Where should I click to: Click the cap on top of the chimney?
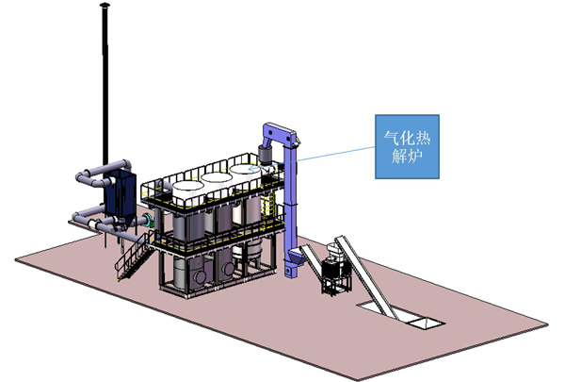tap(105, 5)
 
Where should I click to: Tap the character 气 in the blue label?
tap(391, 139)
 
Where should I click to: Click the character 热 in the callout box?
tap(423, 139)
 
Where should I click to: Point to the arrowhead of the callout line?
tap(252, 168)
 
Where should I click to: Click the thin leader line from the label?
tap(312, 158)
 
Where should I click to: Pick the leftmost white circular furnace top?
tap(188, 188)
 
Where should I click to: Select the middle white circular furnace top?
tap(217, 178)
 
